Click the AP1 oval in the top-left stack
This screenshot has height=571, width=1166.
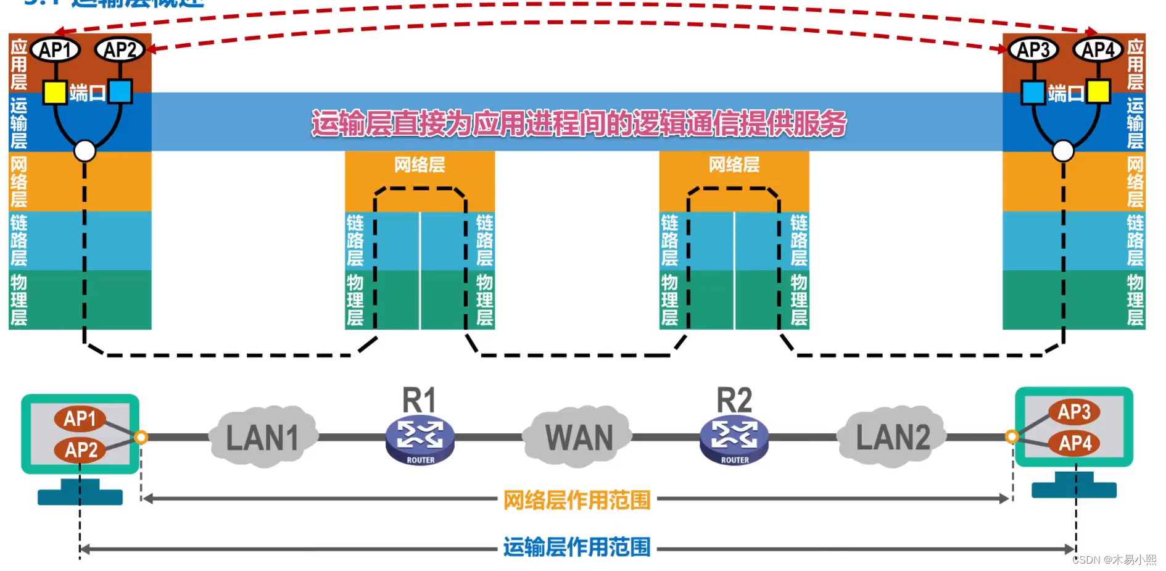pos(56,50)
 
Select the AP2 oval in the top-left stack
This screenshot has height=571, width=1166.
pos(120,50)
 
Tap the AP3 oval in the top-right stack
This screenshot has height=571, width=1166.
pos(1033,50)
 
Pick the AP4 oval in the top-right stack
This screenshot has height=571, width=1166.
pos(1098,50)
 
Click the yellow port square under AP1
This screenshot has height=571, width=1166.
pos(54,93)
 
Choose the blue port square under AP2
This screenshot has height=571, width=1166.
pos(120,91)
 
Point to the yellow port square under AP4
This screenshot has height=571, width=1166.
pos(1098,91)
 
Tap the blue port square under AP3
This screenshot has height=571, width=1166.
pos(1033,93)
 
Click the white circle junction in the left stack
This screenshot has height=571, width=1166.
pos(85,151)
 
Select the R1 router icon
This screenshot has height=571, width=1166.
pos(420,440)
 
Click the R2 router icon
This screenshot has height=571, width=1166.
pos(734,440)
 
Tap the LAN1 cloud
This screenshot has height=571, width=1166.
pos(263,437)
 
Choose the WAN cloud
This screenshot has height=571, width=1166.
pos(578,437)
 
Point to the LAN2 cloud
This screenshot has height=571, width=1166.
pos(892,437)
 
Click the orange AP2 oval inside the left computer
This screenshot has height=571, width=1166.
pos(81,449)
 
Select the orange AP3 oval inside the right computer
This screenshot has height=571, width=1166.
pos(1074,412)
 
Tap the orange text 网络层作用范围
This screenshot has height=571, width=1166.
pos(577,499)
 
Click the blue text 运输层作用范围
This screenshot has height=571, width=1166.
pos(577,547)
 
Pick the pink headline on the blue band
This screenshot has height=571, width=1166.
pos(579,123)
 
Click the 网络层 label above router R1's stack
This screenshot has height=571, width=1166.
pos(420,165)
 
